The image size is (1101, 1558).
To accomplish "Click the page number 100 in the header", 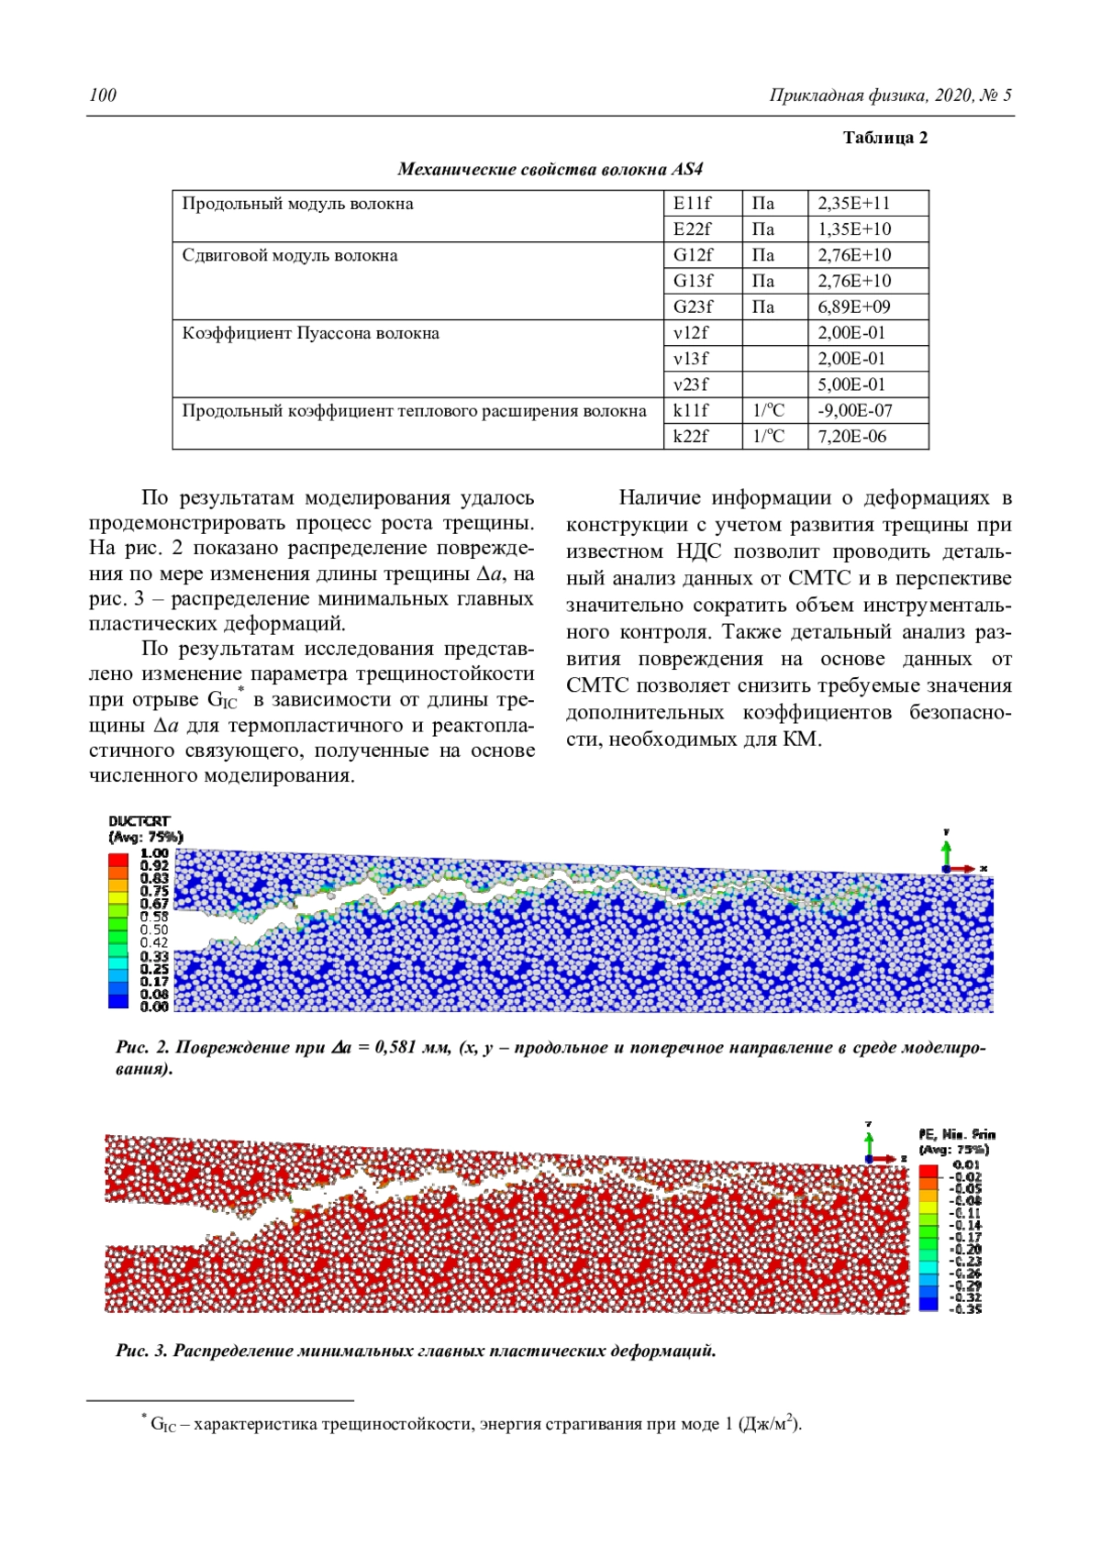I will pyautogui.click(x=103, y=95).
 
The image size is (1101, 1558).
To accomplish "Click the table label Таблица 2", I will pyautogui.click(x=884, y=138).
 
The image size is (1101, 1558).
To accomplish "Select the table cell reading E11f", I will pyautogui.click(x=692, y=204).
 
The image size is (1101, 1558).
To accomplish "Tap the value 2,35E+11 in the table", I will pyautogui.click(x=853, y=204).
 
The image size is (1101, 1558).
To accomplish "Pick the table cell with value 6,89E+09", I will pyautogui.click(x=853, y=306).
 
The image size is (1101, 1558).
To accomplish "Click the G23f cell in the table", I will pyautogui.click(x=693, y=306).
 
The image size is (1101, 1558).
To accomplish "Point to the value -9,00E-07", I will pyautogui.click(x=854, y=410).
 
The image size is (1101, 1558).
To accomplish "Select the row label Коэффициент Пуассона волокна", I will pyautogui.click(x=310, y=333).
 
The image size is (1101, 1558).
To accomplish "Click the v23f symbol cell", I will pyautogui.click(x=691, y=384).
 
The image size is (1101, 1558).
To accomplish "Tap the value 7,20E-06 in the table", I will pyautogui.click(x=851, y=436).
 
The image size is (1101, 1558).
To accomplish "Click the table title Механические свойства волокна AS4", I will pyautogui.click(x=550, y=170).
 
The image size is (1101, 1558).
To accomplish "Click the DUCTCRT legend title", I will pyautogui.click(x=139, y=821).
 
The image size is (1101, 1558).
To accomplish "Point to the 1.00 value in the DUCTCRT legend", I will pyautogui.click(x=154, y=853).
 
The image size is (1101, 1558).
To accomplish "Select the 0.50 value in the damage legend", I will pyautogui.click(x=154, y=929).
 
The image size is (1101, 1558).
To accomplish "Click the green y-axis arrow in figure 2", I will pyautogui.click(x=946, y=849).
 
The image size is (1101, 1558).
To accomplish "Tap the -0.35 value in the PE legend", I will pyautogui.click(x=965, y=1309).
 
